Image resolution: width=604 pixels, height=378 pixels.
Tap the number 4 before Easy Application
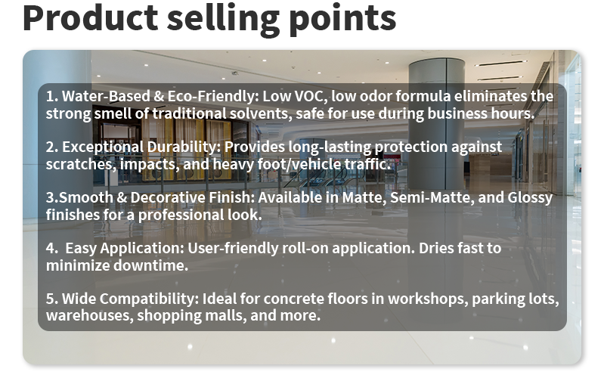coord(50,248)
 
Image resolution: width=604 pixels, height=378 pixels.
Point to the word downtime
coord(156,265)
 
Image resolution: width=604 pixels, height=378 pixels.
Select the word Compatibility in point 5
coord(147,299)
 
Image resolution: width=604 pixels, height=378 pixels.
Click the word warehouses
coord(88,315)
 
